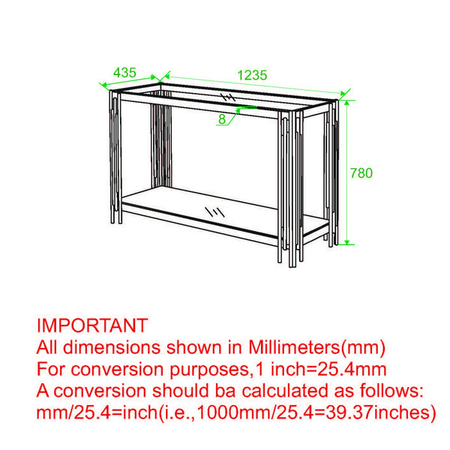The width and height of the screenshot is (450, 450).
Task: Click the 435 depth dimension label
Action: tap(124, 73)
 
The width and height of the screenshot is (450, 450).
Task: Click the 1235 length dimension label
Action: tap(252, 75)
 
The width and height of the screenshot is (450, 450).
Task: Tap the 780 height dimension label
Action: tap(361, 172)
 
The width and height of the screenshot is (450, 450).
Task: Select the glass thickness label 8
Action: tap(223, 118)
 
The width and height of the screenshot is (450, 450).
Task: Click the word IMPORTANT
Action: tap(91, 325)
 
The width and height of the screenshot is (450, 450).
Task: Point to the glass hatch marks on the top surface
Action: tap(228, 97)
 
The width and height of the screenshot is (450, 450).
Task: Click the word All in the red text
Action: tap(49, 347)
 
